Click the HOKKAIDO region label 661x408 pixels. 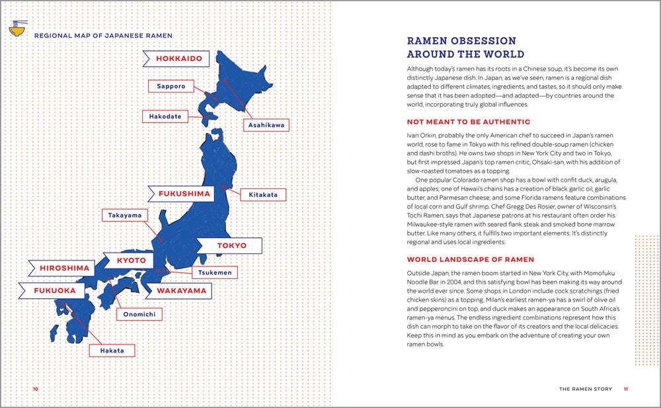[x=178, y=59]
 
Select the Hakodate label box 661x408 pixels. [x=165, y=116]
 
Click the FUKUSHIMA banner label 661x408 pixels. [x=184, y=194]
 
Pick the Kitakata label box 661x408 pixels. [x=263, y=194]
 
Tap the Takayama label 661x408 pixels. [x=124, y=216]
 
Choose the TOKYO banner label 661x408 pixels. [x=231, y=245]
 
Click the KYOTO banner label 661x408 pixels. [x=130, y=261]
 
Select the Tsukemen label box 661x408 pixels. [x=214, y=272]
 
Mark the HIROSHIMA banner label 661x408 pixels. [x=64, y=268]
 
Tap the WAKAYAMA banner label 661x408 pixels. [x=181, y=290]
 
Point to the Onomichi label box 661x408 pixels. [x=139, y=315]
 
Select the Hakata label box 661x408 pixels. [x=112, y=350]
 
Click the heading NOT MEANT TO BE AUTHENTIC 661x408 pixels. [x=468, y=122]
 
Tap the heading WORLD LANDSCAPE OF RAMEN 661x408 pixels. [x=470, y=259]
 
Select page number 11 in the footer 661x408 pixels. [x=625, y=389]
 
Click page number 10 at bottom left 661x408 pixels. [x=36, y=389]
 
